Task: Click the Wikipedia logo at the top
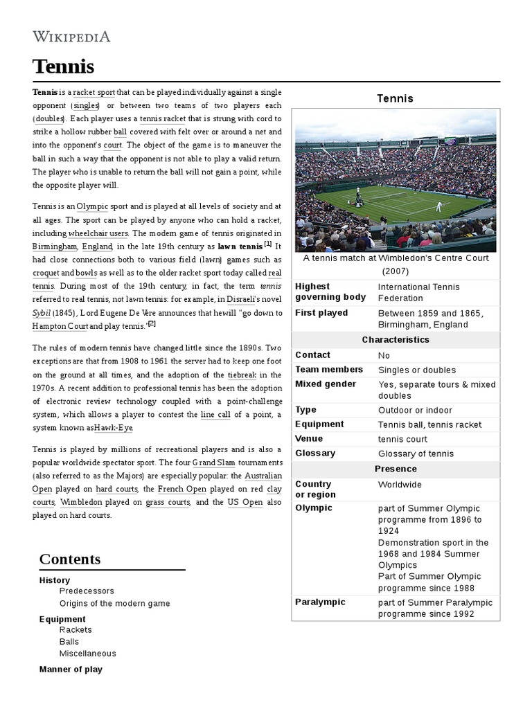point(71,37)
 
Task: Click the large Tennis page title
point(63,67)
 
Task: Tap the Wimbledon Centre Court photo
point(396,180)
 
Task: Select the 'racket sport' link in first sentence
point(94,92)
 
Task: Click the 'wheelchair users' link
point(98,233)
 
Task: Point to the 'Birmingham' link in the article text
point(54,246)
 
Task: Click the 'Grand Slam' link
point(214,462)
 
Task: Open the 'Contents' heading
point(70,559)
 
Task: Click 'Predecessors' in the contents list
point(87,591)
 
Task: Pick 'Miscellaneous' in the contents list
point(87,653)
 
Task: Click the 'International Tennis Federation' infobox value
point(418,292)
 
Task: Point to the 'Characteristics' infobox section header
point(396,339)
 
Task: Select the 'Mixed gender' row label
point(326,384)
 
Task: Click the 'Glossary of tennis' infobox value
point(416,454)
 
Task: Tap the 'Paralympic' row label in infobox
point(320,602)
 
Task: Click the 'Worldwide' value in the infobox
point(400,484)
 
